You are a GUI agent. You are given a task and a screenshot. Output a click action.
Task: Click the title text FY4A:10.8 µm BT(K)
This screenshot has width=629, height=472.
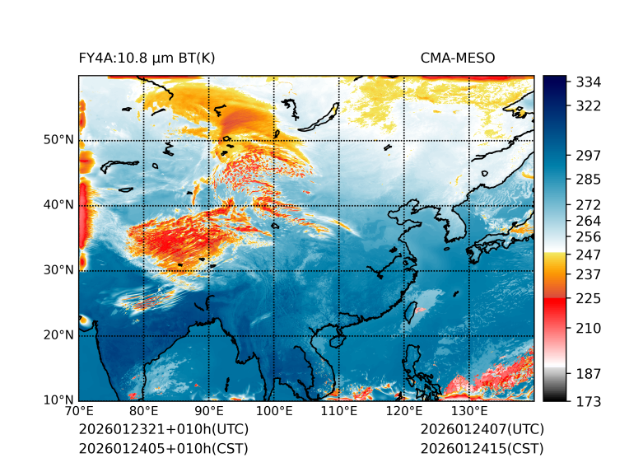coord(147,58)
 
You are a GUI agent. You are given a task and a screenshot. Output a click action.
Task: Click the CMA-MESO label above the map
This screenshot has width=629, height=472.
coord(457,58)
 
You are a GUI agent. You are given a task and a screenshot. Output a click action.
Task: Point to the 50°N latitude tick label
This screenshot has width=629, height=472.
coord(58,140)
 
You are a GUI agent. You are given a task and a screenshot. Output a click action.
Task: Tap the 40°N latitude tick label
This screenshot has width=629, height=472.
coord(58,205)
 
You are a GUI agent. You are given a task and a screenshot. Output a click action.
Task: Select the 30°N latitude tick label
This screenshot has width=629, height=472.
coord(58,270)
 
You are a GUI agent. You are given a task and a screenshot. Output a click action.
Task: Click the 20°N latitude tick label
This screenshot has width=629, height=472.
coord(58,335)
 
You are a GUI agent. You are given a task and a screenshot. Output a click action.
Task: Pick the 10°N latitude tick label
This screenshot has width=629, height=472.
coord(58,400)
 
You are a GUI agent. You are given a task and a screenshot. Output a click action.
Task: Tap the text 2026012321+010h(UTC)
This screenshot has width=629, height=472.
coord(163,430)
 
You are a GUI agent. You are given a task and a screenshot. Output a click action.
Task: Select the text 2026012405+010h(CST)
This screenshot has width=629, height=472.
coord(163,449)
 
